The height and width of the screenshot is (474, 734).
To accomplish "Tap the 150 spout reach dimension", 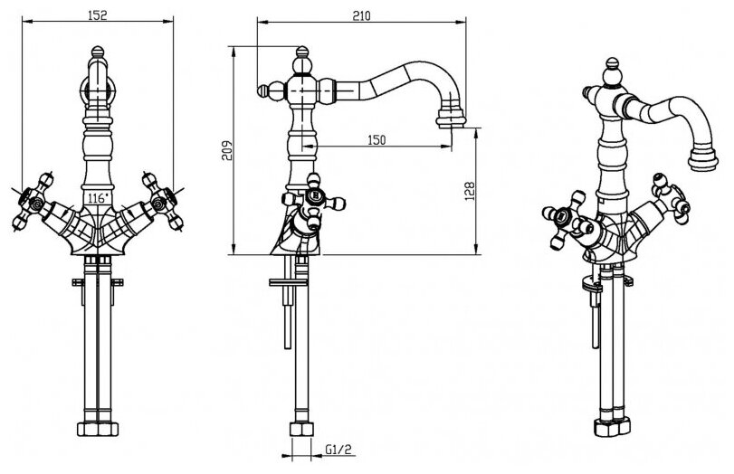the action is pos(377,139).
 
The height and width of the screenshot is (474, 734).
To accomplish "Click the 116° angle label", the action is pos(97,195).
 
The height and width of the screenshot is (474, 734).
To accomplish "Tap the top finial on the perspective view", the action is pos(614,68).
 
